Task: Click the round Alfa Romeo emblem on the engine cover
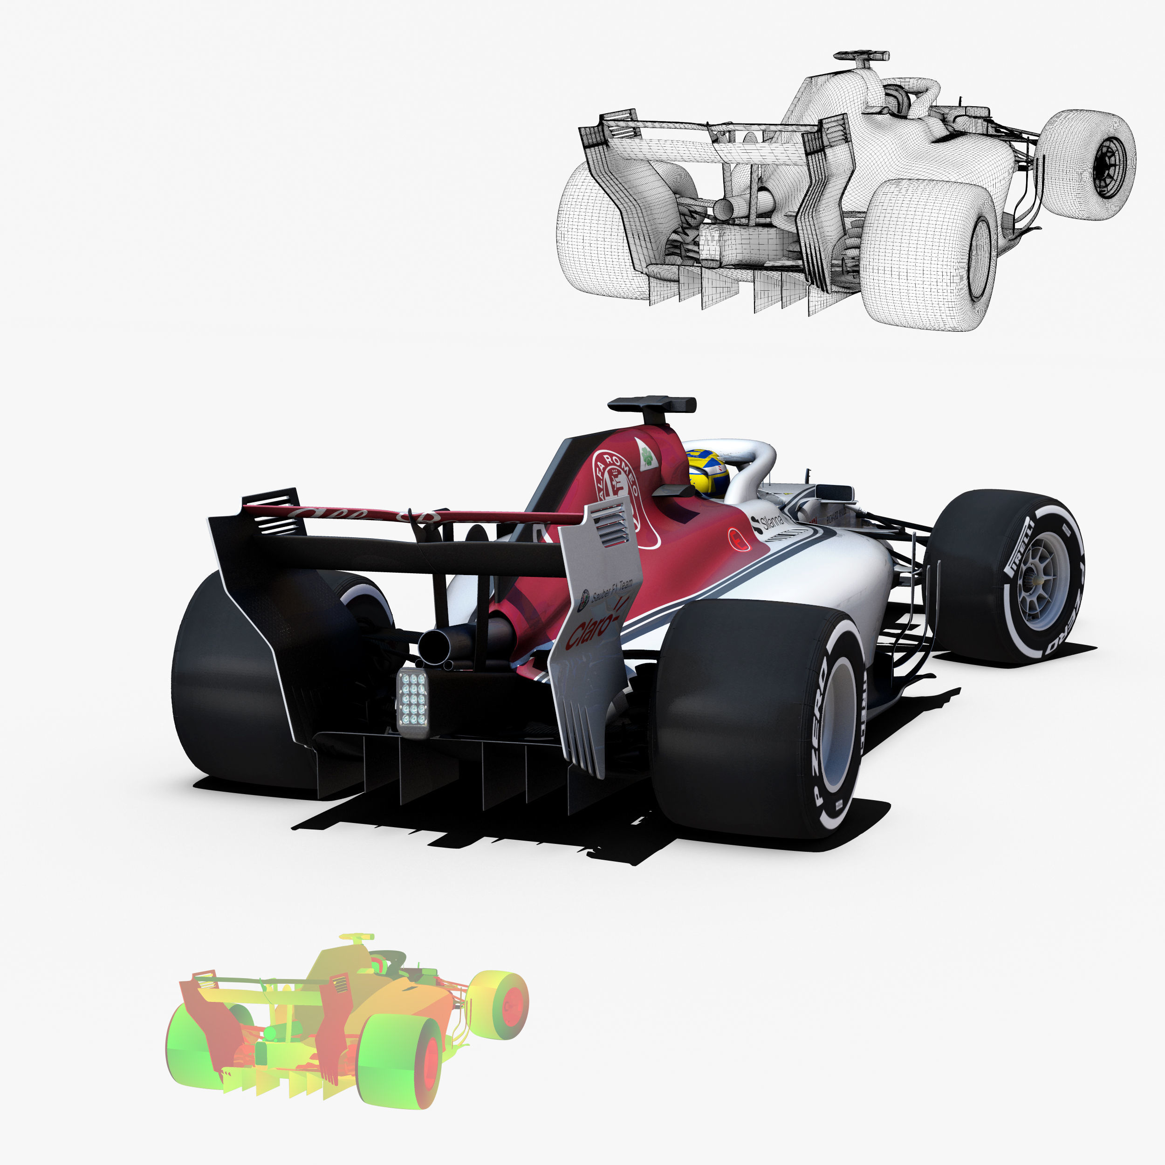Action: tap(616, 476)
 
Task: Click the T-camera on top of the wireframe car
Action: tap(862, 57)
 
